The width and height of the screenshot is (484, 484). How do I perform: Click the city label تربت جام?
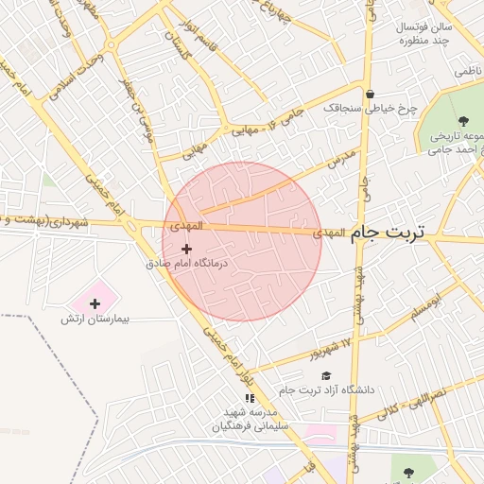coord(388,232)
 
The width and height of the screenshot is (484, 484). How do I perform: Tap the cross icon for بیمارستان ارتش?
coord(95,302)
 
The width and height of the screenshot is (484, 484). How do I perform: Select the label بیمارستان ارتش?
coord(95,320)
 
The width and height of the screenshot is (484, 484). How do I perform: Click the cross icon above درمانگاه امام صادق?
coord(186,248)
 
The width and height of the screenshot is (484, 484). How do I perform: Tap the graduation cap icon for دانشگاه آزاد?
coord(326,375)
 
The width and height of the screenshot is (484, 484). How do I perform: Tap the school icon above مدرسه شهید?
coord(250,399)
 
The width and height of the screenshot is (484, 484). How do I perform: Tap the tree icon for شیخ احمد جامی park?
coord(463,120)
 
